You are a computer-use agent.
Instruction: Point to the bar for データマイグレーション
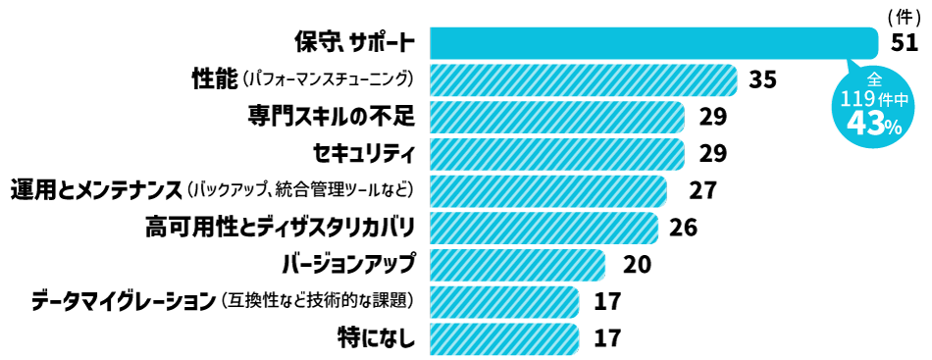[x=503, y=300]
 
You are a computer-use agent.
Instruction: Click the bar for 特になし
[x=503, y=336]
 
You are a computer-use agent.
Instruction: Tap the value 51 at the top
[x=904, y=42]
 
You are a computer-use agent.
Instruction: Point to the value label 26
[x=683, y=227]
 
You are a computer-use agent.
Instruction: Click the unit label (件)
[x=901, y=17]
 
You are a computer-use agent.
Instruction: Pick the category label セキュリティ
[x=363, y=153]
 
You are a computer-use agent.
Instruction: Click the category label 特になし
[x=376, y=336]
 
